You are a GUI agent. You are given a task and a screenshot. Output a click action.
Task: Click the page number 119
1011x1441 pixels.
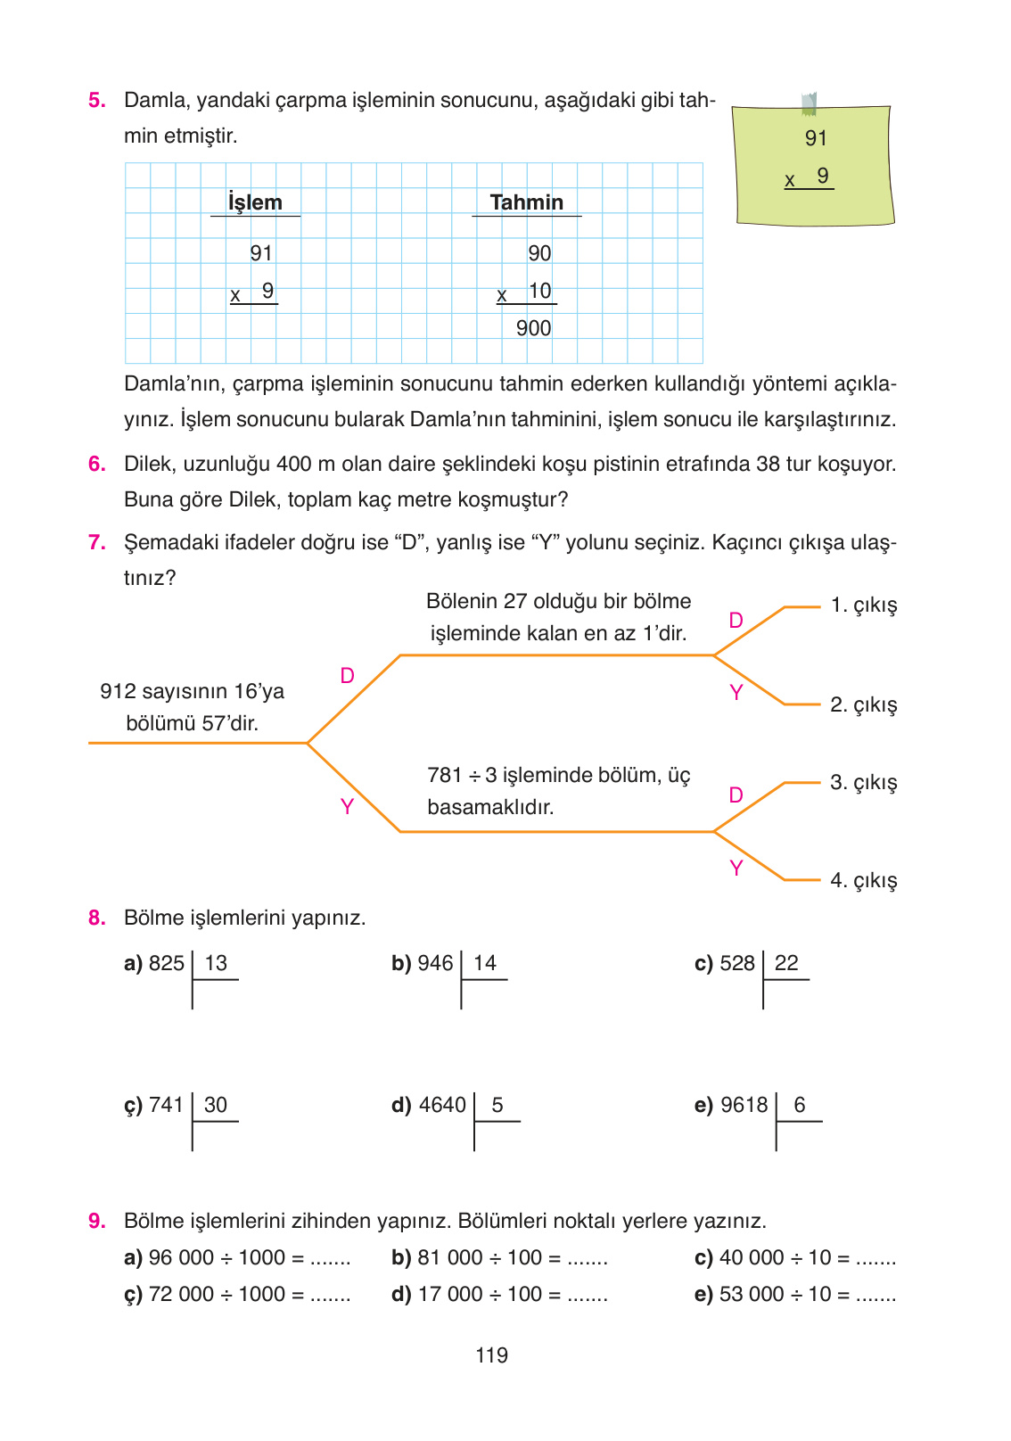[x=491, y=1355]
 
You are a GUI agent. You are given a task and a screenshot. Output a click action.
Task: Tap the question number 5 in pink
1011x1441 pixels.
[x=96, y=100]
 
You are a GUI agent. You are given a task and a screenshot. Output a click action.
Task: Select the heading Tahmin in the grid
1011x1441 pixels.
[x=526, y=202]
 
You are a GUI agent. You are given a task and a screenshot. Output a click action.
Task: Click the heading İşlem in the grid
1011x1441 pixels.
[x=255, y=202]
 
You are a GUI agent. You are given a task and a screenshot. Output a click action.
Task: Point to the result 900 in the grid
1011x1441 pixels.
[x=533, y=328]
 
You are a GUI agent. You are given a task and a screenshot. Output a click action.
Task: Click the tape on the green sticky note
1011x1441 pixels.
[x=809, y=103]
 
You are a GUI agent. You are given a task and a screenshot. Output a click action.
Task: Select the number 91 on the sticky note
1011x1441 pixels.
[x=816, y=138]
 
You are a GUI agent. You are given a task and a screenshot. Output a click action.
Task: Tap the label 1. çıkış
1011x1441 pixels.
[x=863, y=605]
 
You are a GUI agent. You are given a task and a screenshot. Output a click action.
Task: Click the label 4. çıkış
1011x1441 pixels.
[x=863, y=881]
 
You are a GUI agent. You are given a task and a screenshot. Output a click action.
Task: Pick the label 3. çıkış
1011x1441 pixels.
[x=863, y=783]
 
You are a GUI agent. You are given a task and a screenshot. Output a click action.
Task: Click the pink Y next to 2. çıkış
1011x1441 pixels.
[x=736, y=693]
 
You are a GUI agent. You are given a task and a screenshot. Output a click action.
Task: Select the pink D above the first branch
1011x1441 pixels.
[x=348, y=676]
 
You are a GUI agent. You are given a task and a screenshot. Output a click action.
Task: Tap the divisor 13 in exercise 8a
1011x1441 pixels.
[x=216, y=963]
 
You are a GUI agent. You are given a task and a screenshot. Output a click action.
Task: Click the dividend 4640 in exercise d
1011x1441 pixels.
[x=442, y=1105]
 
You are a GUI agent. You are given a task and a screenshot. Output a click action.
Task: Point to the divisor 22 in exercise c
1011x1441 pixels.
[x=786, y=963]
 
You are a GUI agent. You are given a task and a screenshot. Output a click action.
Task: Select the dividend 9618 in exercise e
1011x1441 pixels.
[x=744, y=1105]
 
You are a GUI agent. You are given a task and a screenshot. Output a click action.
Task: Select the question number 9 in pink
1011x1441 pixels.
[x=96, y=1221]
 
